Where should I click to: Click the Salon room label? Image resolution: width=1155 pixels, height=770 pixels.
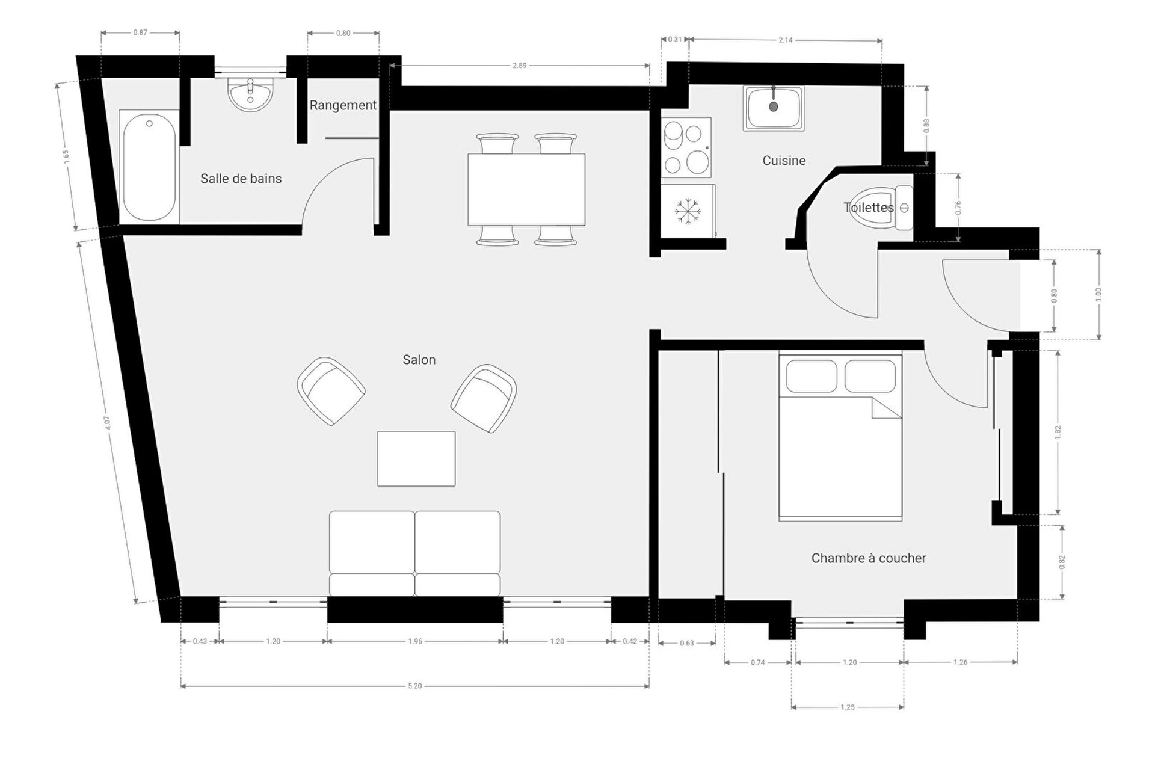(419, 360)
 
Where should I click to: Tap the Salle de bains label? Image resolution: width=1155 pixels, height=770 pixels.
(241, 179)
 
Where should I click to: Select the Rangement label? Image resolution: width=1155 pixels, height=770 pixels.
(343, 105)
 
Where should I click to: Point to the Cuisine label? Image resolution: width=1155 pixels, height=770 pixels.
(784, 161)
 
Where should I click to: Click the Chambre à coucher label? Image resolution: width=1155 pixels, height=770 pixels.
(869, 558)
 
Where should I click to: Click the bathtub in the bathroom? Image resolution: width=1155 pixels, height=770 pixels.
(149, 167)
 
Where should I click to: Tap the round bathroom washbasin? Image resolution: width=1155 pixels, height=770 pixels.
(250, 94)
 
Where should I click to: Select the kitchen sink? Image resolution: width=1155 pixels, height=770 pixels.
(774, 108)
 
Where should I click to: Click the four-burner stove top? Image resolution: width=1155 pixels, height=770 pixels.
(686, 147)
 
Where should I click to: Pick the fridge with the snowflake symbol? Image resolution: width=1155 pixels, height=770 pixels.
(688, 211)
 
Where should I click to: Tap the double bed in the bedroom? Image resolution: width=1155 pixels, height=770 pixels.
(840, 437)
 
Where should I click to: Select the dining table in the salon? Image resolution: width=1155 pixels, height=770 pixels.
(526, 189)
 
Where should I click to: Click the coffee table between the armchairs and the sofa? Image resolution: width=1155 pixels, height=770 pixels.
(416, 458)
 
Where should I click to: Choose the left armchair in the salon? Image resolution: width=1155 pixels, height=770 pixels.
(331, 391)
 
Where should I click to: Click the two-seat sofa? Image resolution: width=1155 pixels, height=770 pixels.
(415, 553)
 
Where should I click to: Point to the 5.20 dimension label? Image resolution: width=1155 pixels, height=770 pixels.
(415, 686)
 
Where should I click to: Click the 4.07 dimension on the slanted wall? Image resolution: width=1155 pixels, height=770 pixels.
(108, 423)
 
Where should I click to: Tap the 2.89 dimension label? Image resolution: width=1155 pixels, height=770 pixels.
(520, 66)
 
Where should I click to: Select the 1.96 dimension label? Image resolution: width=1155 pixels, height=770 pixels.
(415, 641)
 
